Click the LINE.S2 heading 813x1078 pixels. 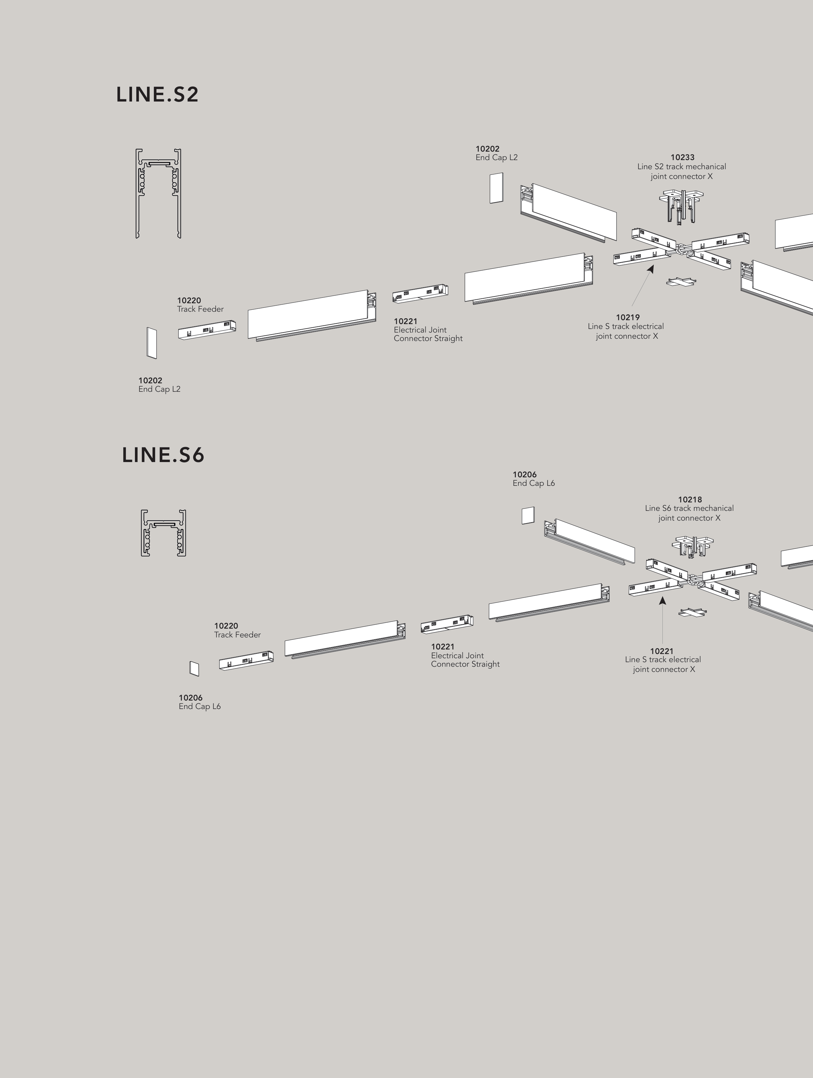pos(157,95)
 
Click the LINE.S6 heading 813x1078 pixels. pos(163,455)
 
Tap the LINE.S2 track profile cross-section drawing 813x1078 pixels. pos(158,194)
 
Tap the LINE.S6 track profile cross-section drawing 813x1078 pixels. pos(164,533)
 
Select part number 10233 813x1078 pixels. pos(683,157)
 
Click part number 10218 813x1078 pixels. pos(690,499)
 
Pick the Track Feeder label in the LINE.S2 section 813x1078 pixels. pos(200,309)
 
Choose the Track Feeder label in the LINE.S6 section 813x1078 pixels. pos(237,635)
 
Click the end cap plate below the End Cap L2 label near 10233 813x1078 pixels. pos(496,188)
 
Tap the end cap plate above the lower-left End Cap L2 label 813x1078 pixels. pos(152,343)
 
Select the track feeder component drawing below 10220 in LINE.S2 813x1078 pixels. pos(207,330)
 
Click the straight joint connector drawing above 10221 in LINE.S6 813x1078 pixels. pos(447,624)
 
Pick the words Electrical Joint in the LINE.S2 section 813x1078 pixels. pos(420,330)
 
